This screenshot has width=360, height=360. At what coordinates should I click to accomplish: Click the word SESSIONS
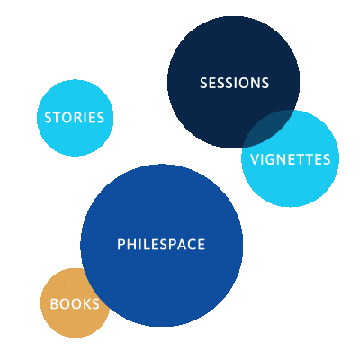pos(234,83)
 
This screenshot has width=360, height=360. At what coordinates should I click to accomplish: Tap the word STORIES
pos(75,118)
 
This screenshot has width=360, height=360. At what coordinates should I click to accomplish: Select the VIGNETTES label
pos(291,159)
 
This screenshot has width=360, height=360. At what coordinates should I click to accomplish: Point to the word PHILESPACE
pos(161,245)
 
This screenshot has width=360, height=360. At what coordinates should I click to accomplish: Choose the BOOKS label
pos(75,304)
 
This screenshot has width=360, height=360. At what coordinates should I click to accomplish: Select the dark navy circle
pos(233,82)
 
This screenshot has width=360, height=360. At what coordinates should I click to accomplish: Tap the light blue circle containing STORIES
pos(75,118)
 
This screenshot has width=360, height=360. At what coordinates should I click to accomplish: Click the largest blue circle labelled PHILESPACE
pos(162,245)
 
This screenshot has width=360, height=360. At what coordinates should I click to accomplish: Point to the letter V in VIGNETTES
pos(255,159)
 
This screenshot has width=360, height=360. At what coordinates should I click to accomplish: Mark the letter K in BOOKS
pos(85,304)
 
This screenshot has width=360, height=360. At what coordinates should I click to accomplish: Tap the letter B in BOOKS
pos(54,304)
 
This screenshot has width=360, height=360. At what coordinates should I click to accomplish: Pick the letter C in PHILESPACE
pos(190,245)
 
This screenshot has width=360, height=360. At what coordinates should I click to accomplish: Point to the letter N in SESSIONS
pos(254,83)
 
